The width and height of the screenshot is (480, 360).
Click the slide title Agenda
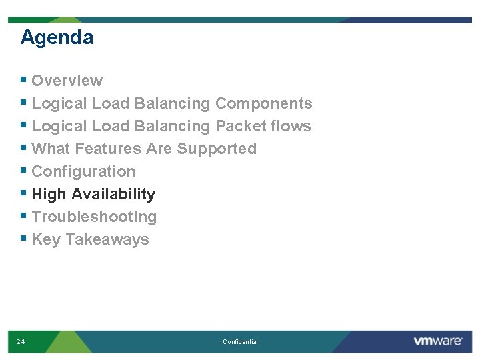pyautogui.click(x=57, y=37)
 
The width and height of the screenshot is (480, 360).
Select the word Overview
pyautogui.click(x=67, y=81)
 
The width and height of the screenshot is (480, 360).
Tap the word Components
pyautogui.click(x=263, y=103)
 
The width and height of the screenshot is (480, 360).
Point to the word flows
pyautogui.click(x=291, y=126)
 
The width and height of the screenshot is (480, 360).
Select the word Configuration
pyautogui.click(x=83, y=171)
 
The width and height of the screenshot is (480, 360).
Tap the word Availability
pyautogui.click(x=113, y=194)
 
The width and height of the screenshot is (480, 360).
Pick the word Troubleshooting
pyautogui.click(x=94, y=217)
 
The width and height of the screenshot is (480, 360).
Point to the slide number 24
pyautogui.click(x=21, y=342)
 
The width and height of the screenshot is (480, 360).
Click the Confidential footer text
pyautogui.click(x=240, y=342)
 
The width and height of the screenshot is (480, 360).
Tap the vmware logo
pyautogui.click(x=437, y=341)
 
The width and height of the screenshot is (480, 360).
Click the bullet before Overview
pyautogui.click(x=24, y=80)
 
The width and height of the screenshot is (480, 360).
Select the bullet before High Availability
pyautogui.click(x=24, y=193)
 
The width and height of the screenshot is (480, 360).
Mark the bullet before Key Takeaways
pyautogui.click(x=24, y=239)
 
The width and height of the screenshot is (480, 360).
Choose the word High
pyautogui.click(x=49, y=194)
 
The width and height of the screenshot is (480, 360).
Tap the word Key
pyautogui.click(x=46, y=239)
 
